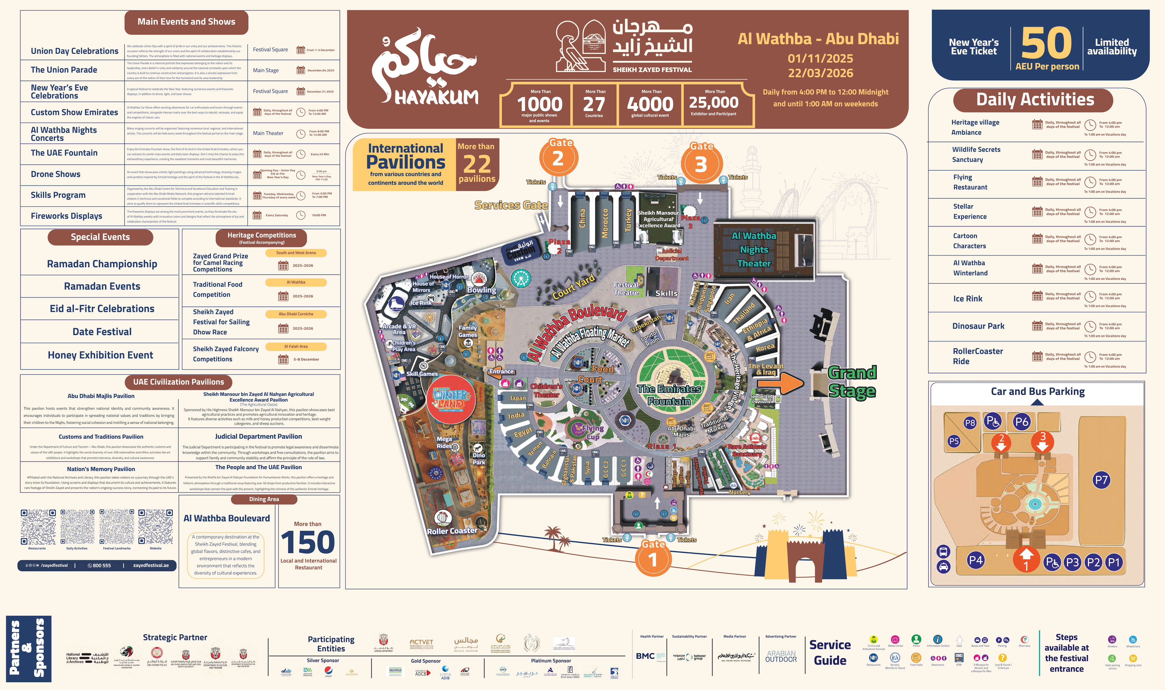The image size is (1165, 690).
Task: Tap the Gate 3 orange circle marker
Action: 701,164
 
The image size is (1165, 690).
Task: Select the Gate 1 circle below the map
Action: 653,559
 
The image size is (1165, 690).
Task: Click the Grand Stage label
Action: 852,382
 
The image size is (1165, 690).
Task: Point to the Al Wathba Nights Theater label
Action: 754,250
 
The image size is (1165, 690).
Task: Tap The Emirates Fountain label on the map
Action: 669,395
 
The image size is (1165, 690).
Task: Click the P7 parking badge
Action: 1101,480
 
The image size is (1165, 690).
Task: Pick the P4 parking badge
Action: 976,560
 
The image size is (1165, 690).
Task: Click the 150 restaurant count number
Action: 308,542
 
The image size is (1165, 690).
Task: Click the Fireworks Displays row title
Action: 67,216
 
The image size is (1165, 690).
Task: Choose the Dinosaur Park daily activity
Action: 978,326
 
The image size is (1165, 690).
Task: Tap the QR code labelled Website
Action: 156,527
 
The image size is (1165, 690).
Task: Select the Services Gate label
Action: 511,205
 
